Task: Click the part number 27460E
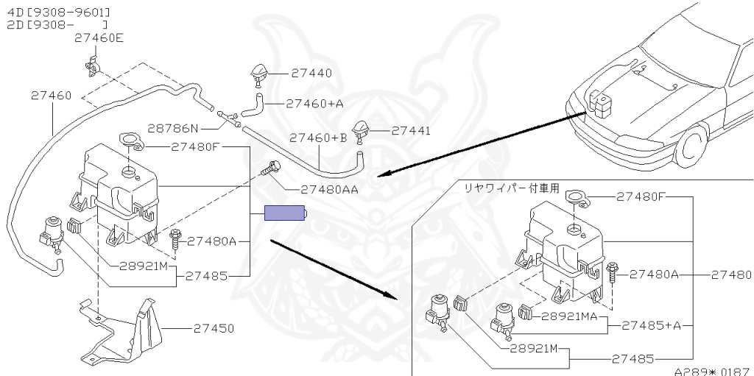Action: [99, 38]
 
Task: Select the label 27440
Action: [311, 73]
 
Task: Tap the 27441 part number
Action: [411, 130]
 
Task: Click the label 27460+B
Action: [318, 138]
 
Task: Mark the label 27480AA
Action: [328, 188]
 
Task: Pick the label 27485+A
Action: [651, 324]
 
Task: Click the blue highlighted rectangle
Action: [285, 214]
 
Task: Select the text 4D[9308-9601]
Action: [59, 12]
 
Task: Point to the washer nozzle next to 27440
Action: [258, 74]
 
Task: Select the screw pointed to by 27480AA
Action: [273, 169]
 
